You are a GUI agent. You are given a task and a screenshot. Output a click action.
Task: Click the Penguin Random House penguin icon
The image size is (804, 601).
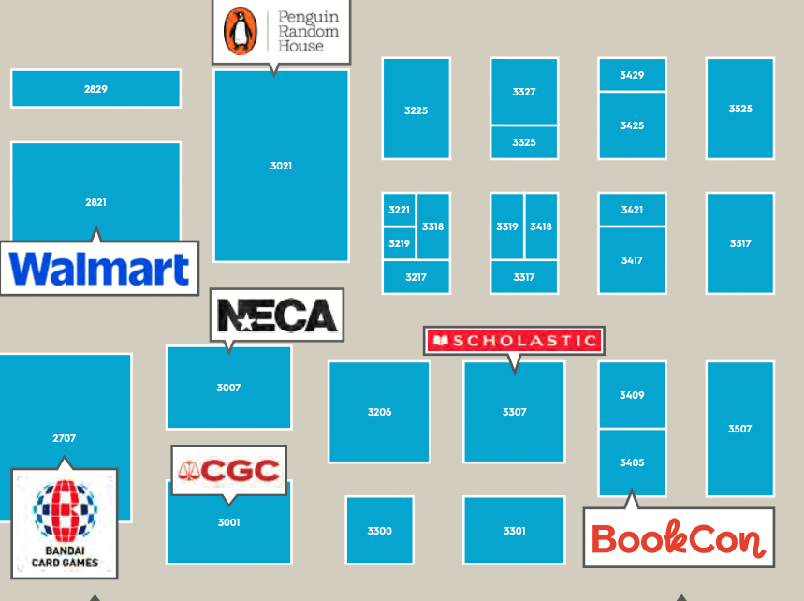(x=241, y=31)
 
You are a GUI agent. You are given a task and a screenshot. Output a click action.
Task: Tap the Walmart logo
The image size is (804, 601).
(x=99, y=269)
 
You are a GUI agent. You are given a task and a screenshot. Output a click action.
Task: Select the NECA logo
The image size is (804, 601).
(x=277, y=315)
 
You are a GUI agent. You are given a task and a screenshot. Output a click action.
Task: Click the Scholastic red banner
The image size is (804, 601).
(x=514, y=341)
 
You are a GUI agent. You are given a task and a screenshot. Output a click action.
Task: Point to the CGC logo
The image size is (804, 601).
(x=229, y=470)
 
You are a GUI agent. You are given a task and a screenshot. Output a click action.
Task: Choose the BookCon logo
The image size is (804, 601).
(x=679, y=538)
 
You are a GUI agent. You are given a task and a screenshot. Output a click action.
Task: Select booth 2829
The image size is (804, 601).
(x=95, y=89)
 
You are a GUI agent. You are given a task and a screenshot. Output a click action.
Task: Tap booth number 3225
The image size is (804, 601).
(x=416, y=110)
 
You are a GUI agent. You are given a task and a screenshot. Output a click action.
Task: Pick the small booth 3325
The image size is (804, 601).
(x=524, y=142)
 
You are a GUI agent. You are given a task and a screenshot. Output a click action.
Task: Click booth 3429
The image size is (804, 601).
(x=632, y=75)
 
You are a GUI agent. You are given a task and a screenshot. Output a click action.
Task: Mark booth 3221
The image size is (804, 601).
(x=400, y=210)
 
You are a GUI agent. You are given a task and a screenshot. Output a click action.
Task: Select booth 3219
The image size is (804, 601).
(x=400, y=243)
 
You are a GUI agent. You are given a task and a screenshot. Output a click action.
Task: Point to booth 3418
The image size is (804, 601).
(x=541, y=227)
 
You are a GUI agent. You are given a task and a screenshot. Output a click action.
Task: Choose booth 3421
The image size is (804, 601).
(x=632, y=210)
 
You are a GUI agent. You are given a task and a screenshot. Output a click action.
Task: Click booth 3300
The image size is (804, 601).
(x=379, y=531)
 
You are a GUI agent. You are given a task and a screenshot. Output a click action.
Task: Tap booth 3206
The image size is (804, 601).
(x=379, y=412)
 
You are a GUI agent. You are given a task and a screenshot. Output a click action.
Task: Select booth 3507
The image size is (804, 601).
(x=739, y=429)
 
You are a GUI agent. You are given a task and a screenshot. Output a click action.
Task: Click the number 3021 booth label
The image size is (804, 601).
(x=281, y=166)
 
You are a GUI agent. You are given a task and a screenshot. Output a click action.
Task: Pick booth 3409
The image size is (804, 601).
(x=632, y=395)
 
